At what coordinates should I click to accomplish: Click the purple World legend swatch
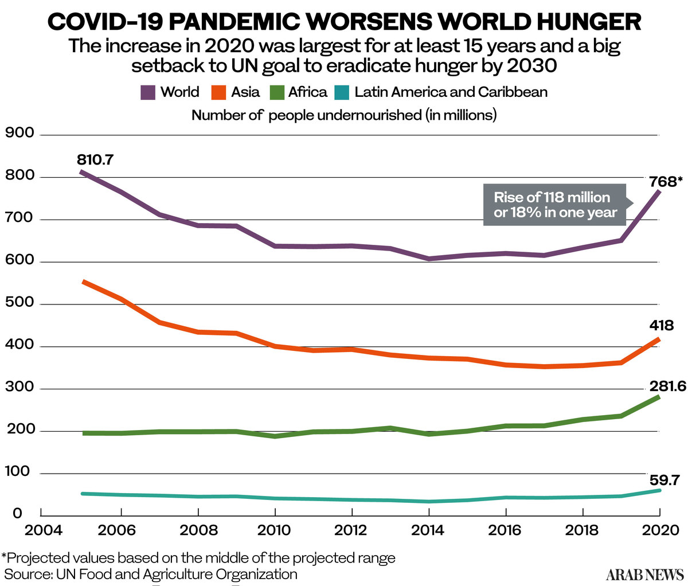148,92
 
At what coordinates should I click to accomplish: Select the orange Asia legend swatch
218,92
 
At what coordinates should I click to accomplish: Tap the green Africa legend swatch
277,92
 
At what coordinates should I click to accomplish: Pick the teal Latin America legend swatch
342,92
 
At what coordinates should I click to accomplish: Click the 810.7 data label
95,160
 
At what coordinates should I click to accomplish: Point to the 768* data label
666,182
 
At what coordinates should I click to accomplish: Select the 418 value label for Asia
662,325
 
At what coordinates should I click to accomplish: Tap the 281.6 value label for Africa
668,386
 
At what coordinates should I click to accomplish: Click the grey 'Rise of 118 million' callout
555,205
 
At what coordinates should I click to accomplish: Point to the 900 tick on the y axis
19,133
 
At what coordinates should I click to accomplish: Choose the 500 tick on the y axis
19,302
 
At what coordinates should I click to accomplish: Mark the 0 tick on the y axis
17,514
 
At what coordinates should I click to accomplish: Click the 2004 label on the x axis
43,530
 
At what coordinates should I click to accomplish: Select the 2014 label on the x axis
428,530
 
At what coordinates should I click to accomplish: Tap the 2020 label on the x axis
660,530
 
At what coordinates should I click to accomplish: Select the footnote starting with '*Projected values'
198,558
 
